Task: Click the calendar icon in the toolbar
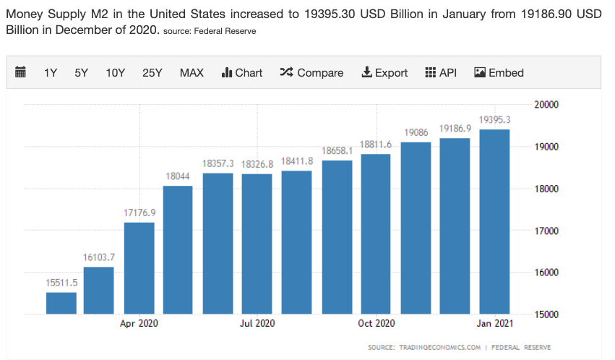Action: pyautogui.click(x=20, y=72)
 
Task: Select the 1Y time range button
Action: pyautogui.click(x=51, y=72)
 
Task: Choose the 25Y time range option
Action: pyautogui.click(x=152, y=72)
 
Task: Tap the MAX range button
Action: pyautogui.click(x=192, y=72)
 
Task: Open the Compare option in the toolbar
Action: pyautogui.click(x=311, y=72)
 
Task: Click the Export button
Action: pyautogui.click(x=384, y=72)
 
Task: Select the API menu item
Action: pyautogui.click(x=441, y=72)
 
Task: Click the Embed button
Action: pyautogui.click(x=499, y=72)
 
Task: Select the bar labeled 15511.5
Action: pyautogui.click(x=61, y=304)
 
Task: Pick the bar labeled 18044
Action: pyautogui.click(x=178, y=250)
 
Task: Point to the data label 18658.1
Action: pyautogui.click(x=337, y=150)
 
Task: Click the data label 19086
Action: pyautogui.click(x=416, y=132)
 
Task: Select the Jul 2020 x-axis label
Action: pyautogui.click(x=257, y=323)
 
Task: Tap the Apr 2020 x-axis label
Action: pyautogui.click(x=139, y=323)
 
